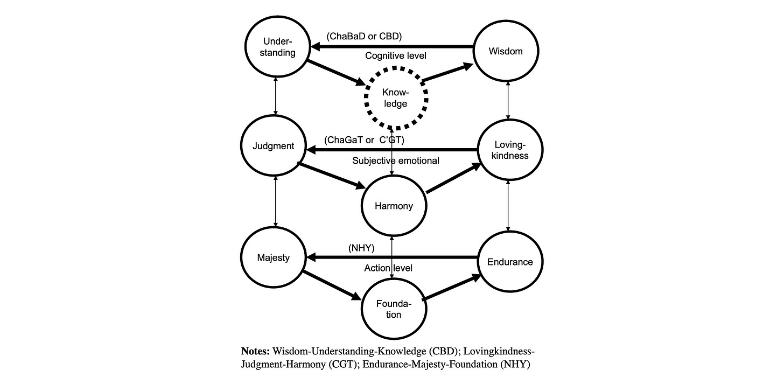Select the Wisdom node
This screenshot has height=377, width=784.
pos(506,51)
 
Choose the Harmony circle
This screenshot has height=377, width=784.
pos(394,206)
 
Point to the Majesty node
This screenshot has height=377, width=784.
pos(274,257)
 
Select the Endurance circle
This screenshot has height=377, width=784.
pos(509,262)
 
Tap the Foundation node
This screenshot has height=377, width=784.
pos(394,309)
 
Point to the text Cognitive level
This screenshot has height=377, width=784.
pos(396,55)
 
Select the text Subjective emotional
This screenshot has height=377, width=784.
pos(396,160)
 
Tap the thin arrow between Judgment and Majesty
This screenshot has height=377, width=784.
pos(276,201)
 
